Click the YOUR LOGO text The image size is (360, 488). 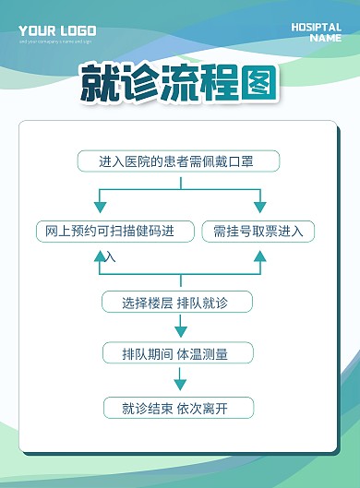point(56,31)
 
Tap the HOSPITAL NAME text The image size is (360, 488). point(316,33)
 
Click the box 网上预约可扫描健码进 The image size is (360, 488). point(109,231)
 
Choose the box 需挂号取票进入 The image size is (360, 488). point(258,231)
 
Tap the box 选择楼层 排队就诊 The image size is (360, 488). point(175,302)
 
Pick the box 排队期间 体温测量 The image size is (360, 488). point(175,353)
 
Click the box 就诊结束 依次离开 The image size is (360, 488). point(175,407)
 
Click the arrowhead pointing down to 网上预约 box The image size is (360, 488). point(102,207)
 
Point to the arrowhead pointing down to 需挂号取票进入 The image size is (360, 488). point(259,207)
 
